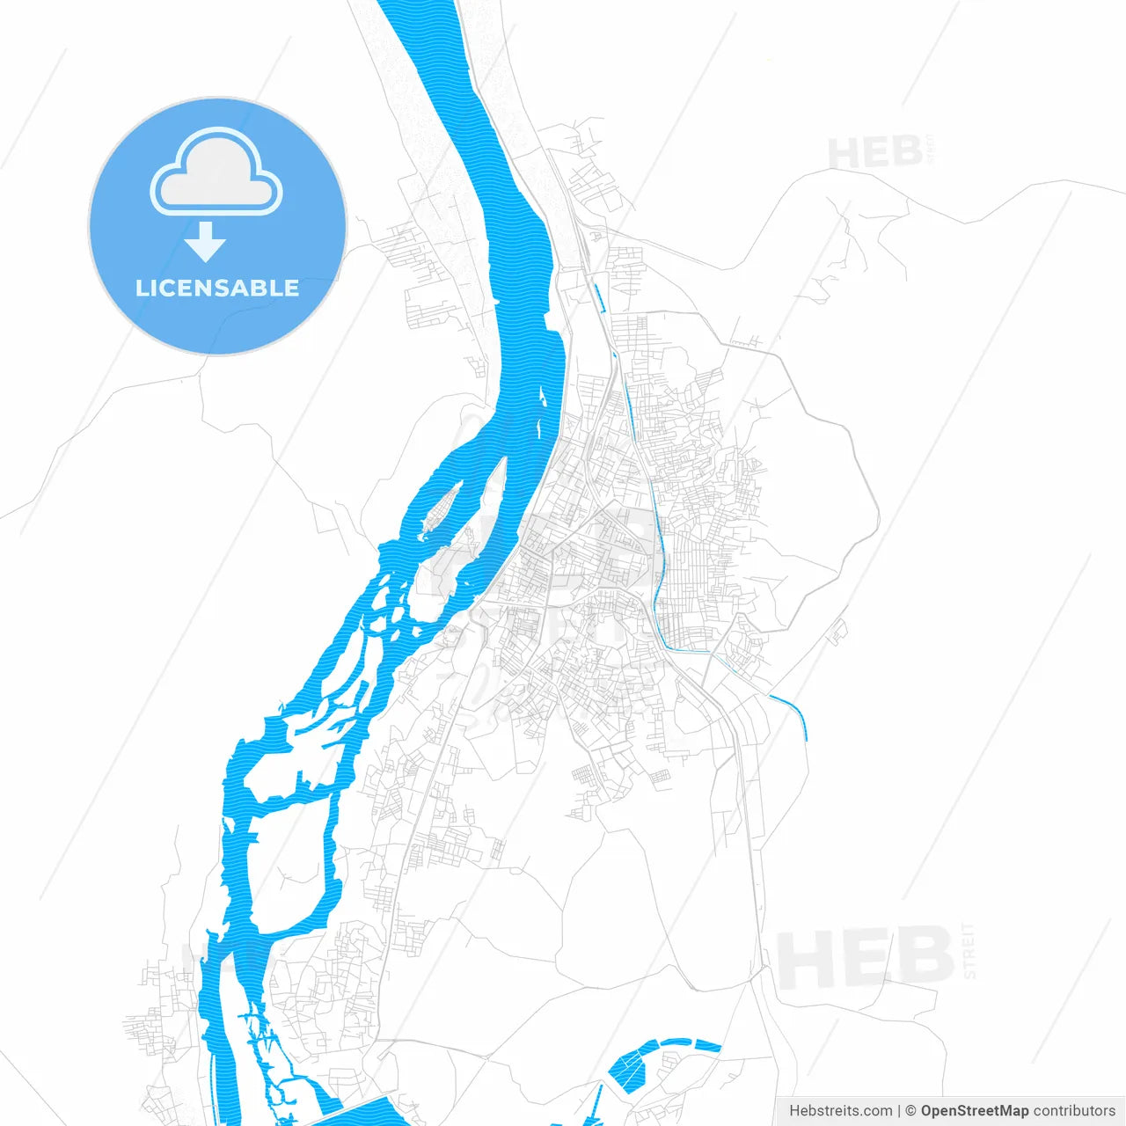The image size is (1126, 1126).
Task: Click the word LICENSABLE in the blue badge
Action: point(217,288)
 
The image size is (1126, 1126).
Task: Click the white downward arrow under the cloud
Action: point(206,242)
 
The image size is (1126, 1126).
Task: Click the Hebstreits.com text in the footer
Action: point(840,1111)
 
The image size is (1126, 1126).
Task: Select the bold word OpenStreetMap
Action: point(974,1111)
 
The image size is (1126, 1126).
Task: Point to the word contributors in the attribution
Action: point(1073,1111)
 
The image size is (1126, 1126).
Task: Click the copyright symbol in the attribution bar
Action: point(910,1111)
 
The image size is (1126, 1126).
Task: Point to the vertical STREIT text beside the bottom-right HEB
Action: point(969,951)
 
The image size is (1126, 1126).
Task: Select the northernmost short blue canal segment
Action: point(598,297)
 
